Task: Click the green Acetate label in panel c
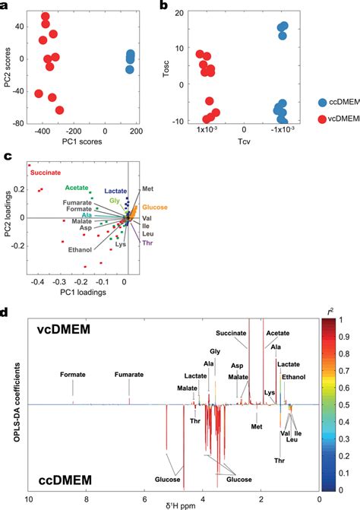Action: pyautogui.click(x=77, y=187)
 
